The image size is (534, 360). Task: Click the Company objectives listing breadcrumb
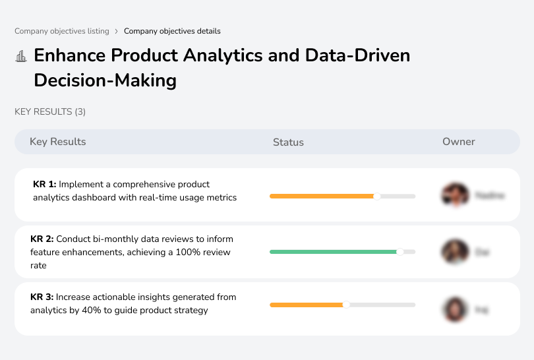coord(62,31)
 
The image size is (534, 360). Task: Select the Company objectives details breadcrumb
coord(172,31)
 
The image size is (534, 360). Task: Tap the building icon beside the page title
coord(21,57)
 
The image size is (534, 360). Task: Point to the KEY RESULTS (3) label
coord(50,112)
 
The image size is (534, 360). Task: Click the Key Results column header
coord(58,142)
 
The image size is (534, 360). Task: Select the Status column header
coord(288,142)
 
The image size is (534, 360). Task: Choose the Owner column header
coord(459,142)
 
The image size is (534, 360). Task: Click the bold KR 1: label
coord(45,185)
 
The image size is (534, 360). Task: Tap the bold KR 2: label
coord(43,239)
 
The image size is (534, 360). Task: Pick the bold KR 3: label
coord(43,297)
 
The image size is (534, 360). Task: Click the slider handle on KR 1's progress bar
coord(377,196)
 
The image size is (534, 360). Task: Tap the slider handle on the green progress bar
coord(400,252)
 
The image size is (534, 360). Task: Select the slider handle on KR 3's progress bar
coord(346,305)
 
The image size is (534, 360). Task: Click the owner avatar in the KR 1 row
coord(455,195)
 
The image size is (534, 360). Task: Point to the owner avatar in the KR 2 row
coord(455,252)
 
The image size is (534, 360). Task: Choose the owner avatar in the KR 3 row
coord(455,309)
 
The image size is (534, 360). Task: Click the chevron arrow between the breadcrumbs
coord(117,31)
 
